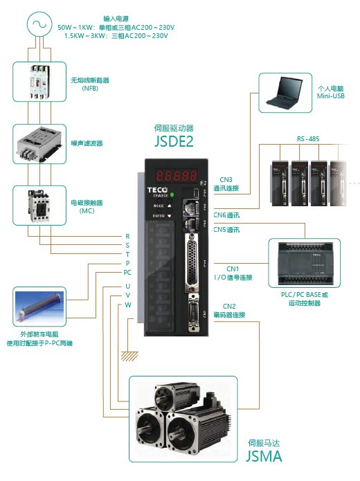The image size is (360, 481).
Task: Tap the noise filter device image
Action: [x=38, y=143]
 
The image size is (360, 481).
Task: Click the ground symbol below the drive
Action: [x=129, y=356]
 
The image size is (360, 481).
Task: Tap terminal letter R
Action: [x=127, y=236]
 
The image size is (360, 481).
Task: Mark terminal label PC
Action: [x=127, y=273]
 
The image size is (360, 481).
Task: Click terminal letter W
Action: [x=127, y=305]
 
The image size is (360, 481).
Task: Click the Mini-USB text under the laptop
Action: [x=330, y=96]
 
